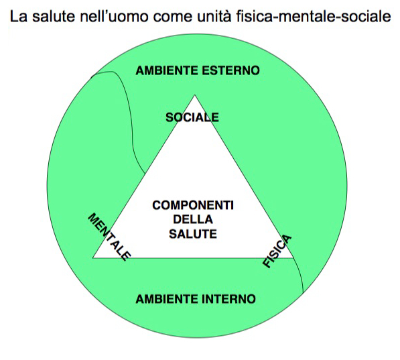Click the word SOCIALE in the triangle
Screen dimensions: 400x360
click(x=192, y=117)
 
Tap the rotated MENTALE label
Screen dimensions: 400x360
click(x=109, y=237)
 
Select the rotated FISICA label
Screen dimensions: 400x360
click(x=277, y=251)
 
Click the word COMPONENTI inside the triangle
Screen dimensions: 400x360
click(x=193, y=205)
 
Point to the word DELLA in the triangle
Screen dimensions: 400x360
click(x=193, y=220)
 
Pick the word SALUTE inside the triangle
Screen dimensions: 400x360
click(x=193, y=234)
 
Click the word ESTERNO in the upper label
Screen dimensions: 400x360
click(x=231, y=70)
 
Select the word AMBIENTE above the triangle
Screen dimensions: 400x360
click(x=167, y=70)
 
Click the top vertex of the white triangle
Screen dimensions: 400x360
click(x=195, y=95)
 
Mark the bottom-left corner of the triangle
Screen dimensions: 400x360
click(x=93, y=258)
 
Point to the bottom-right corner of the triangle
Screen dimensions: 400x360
click(x=293, y=258)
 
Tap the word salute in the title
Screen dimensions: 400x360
click(x=54, y=16)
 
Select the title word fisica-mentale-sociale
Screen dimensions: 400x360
click(x=314, y=16)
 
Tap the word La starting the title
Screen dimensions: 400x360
click(x=18, y=16)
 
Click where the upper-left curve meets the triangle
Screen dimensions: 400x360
click(x=145, y=174)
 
